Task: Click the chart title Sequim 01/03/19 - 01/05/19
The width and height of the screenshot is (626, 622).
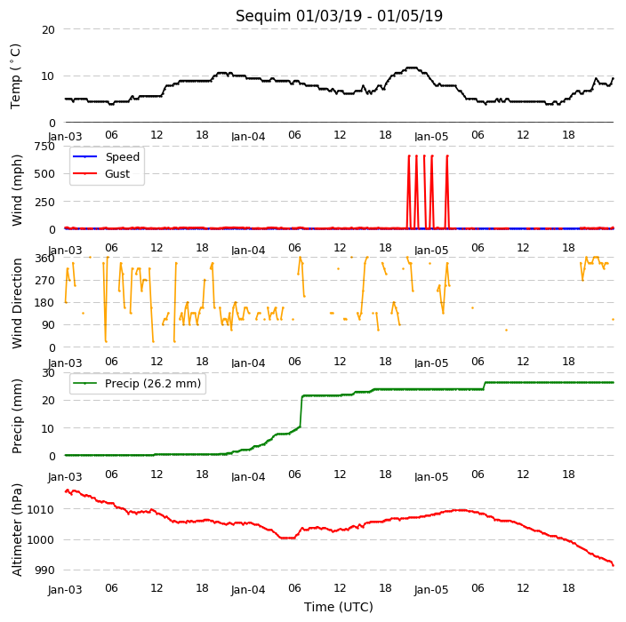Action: coord(339,16)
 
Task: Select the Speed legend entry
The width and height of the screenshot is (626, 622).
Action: coord(106,156)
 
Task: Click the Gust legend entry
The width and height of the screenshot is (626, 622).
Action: coord(101,174)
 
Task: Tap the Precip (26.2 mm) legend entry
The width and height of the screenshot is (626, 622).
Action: coord(137,383)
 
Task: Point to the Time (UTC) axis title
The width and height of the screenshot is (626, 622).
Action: coord(339,607)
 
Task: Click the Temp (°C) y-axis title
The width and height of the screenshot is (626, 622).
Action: coord(15,76)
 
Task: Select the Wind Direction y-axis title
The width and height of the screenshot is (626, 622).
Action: coord(16,303)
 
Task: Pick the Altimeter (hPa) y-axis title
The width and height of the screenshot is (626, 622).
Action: coord(16,530)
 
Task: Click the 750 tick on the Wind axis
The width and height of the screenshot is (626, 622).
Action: coord(44,147)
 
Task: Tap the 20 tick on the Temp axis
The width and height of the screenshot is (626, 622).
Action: coord(48,29)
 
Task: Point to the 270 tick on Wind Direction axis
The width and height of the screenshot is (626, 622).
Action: coord(44,281)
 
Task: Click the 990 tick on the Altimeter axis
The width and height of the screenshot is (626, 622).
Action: coord(44,570)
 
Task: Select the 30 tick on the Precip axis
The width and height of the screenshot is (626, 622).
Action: coord(48,372)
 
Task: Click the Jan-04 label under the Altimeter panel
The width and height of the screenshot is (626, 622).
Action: coord(248,590)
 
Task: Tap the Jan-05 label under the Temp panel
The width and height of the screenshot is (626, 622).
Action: coord(431,137)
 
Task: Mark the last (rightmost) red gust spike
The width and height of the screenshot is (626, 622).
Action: coord(447,192)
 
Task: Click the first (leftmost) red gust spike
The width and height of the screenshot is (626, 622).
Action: coord(409,192)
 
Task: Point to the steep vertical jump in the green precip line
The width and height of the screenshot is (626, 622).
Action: coord(301,411)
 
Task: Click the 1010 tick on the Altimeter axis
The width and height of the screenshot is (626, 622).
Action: coord(41,509)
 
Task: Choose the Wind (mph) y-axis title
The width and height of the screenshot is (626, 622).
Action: coord(16,190)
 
